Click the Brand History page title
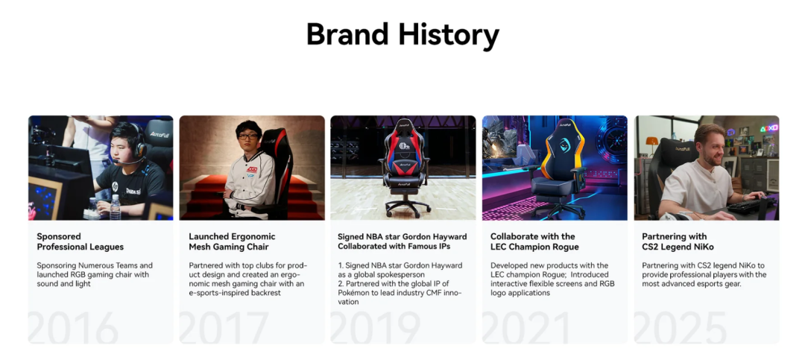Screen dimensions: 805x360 tap(402, 34)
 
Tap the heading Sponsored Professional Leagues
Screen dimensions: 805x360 tap(80, 241)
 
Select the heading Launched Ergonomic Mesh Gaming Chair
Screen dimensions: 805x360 tap(232, 241)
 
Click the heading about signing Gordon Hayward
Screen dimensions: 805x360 tap(402, 241)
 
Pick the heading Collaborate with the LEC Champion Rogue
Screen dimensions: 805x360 tap(534, 241)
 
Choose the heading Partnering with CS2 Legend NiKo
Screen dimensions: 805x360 tap(678, 241)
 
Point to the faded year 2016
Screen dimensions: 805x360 tap(73, 327)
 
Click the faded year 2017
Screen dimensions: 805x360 tap(224, 327)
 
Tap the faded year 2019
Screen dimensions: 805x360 tap(375, 327)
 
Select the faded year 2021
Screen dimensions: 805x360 tap(526, 327)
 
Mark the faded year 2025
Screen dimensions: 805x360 tap(681, 327)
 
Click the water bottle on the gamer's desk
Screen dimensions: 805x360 tap(115, 206)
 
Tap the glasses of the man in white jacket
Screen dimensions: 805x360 tap(248, 136)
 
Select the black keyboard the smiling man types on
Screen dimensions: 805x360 tap(746, 206)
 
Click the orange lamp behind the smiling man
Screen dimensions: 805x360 tap(651, 142)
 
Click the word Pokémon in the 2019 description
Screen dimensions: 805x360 tap(354, 292)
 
